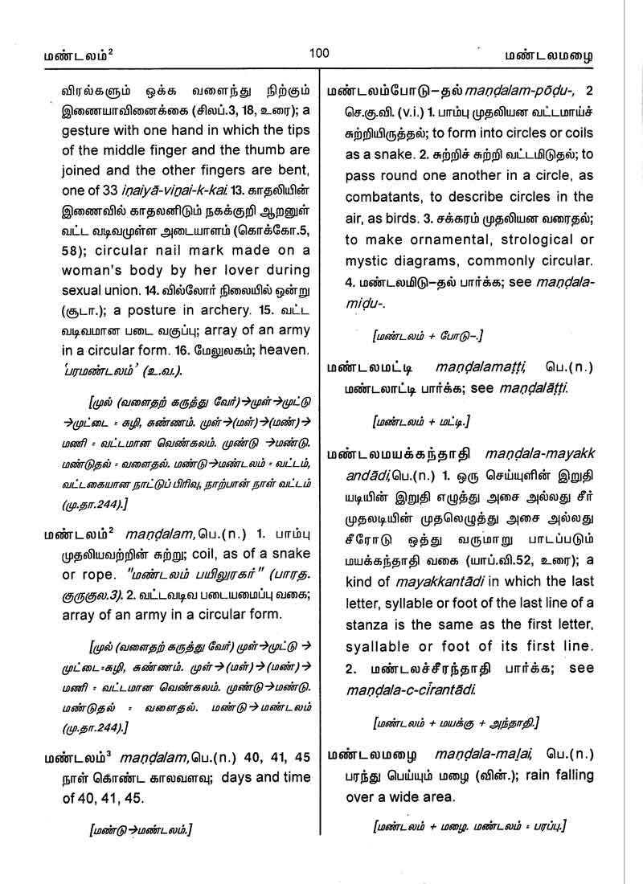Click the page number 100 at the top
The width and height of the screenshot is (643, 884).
click(319, 53)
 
